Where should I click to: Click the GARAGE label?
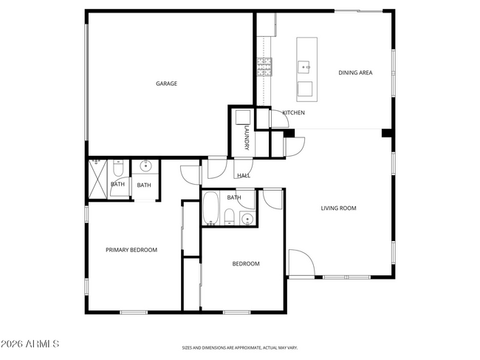pos(166,84)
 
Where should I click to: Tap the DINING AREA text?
pos(354,72)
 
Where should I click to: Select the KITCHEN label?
pos(293,112)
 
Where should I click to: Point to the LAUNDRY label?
pos(247,138)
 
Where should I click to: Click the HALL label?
pos(243,176)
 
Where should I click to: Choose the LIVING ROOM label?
pos(338,208)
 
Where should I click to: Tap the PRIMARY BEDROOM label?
pos(131,250)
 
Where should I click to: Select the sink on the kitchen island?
pos(304,67)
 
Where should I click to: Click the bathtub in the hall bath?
pos(210,208)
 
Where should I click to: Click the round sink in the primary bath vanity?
pos(145,166)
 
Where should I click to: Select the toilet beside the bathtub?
pos(230,217)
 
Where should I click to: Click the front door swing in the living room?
pos(301,263)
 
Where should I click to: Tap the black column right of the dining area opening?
pos(385,133)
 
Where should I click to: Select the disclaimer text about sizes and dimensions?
pos(240,347)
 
